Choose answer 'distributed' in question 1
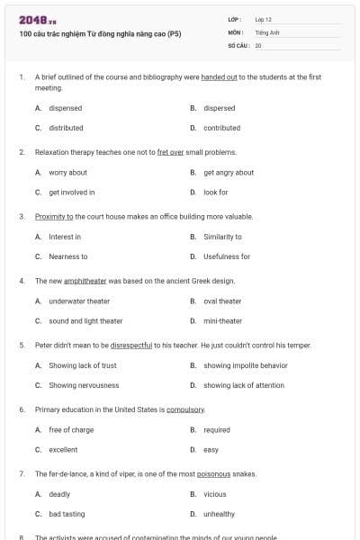coord(66,128)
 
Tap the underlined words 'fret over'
coord(170,152)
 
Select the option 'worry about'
coord(67,172)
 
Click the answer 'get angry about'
coord(229,172)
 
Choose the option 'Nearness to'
coord(67,256)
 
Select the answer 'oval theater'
coord(222,301)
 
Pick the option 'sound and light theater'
coord(85,321)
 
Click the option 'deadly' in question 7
coord(59,494)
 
